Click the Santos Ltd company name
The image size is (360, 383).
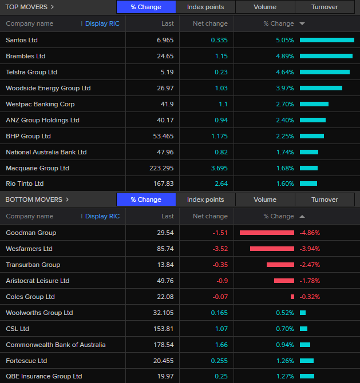point(22,40)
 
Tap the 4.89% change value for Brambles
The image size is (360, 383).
point(284,56)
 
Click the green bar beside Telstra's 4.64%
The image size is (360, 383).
point(325,72)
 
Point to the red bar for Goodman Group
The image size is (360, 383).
point(267,233)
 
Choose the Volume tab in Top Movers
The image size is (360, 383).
point(265,7)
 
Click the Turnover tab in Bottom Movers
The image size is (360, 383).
point(325,200)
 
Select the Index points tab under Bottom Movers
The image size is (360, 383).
point(205,200)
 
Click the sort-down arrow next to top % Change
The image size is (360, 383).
point(302,23)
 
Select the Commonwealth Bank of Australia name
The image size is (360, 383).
point(56,345)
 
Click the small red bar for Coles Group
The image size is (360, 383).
point(292,297)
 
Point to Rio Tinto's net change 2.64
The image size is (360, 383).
point(220,183)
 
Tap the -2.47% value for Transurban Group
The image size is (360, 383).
point(310,265)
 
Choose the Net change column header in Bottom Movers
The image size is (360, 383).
point(210,216)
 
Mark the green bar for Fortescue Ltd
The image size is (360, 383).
point(307,361)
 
